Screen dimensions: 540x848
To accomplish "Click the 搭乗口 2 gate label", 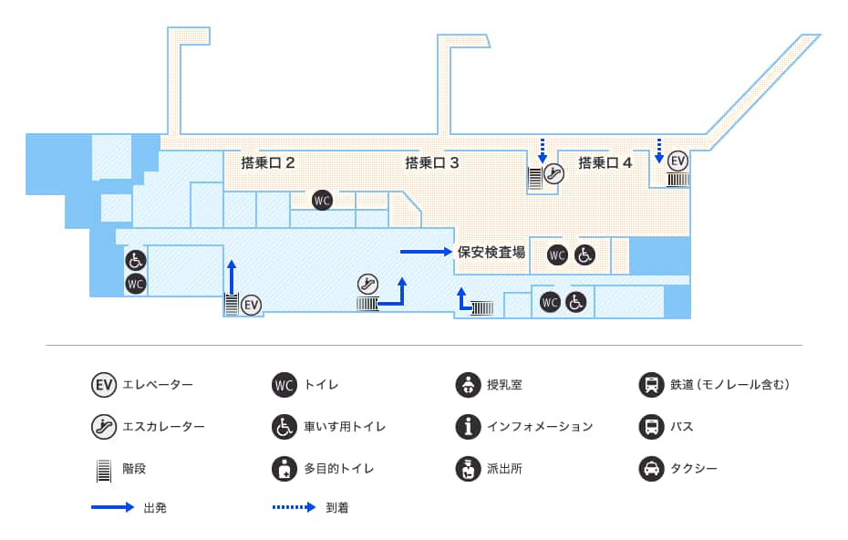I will [x=267, y=163].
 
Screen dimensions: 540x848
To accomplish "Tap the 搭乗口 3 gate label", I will [x=431, y=163].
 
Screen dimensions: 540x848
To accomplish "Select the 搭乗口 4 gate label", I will [x=605, y=163].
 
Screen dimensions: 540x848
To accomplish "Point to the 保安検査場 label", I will [x=491, y=252].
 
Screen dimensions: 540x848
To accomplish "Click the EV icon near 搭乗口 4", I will [x=677, y=161].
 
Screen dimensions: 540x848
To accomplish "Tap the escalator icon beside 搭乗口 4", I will [x=553, y=173].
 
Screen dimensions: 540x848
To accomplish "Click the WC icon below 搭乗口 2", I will [x=321, y=200].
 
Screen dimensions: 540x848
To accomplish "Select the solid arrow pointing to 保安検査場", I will [x=426, y=251].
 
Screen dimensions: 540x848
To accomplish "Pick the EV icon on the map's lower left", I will [x=251, y=304].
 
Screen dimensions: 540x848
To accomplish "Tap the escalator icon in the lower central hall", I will [x=368, y=284].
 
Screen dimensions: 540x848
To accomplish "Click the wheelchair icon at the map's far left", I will [x=135, y=261].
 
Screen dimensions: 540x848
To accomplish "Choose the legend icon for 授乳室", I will [x=468, y=385].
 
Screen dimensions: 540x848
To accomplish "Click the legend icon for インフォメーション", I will [x=468, y=426].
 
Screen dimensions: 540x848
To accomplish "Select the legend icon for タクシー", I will [x=651, y=469].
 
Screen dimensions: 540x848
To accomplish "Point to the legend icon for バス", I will [x=651, y=426].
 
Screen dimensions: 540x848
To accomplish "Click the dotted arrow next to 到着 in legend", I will [x=294, y=507].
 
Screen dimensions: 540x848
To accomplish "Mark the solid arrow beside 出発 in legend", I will [x=112, y=507].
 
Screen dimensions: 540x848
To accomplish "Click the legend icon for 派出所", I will [x=468, y=469].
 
